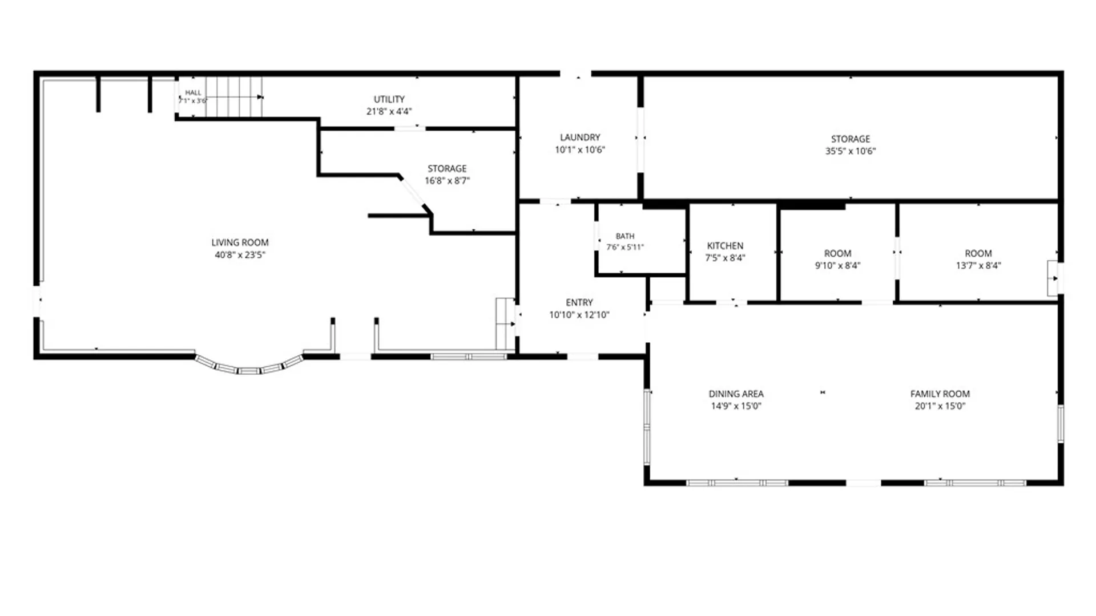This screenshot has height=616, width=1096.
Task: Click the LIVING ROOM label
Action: point(240,242)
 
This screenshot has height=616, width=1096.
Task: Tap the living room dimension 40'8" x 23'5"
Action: point(240,255)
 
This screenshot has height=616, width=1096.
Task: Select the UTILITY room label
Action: point(389,99)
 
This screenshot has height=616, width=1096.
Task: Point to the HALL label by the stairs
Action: point(193,92)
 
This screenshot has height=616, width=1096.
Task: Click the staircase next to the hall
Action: point(234,97)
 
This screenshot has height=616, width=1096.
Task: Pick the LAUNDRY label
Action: point(580,137)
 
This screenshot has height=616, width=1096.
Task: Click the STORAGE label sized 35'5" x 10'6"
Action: point(851,139)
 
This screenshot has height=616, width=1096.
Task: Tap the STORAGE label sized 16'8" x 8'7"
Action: point(447,169)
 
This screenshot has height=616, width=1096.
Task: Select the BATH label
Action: point(625,236)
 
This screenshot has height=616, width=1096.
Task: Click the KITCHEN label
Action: point(725,246)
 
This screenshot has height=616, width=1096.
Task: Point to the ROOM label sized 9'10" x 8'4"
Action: point(837,253)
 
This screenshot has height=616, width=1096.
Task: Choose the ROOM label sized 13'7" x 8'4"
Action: point(978,253)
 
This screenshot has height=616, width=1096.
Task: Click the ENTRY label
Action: point(579,302)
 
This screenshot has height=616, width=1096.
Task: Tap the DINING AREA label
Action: point(736,394)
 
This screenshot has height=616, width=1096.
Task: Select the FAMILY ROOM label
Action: point(940,394)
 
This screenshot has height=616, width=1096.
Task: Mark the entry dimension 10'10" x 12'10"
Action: point(579,315)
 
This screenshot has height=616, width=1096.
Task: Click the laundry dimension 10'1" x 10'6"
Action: point(580,150)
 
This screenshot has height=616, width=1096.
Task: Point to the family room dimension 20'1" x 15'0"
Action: point(940,406)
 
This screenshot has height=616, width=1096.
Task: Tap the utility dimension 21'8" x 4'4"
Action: point(389,112)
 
